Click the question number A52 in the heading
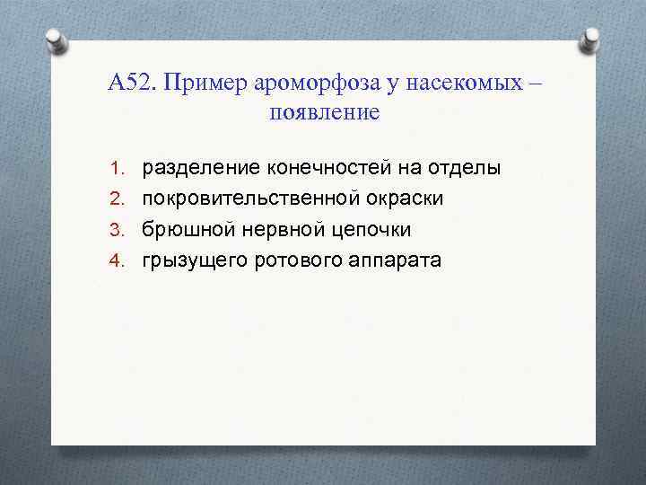click(130, 84)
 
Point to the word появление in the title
click(324, 114)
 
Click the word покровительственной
click(261, 198)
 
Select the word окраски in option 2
click(430, 198)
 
